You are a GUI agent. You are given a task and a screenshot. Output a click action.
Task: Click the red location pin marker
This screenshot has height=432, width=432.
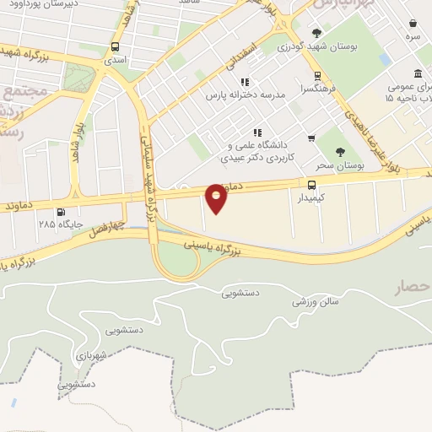tap(216, 197)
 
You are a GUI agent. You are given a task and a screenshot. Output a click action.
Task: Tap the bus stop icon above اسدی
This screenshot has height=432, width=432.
tap(115, 47)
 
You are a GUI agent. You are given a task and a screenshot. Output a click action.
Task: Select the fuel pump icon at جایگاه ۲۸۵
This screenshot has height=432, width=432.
tap(59, 212)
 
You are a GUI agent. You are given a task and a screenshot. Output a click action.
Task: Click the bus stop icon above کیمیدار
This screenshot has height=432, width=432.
tap(312, 184)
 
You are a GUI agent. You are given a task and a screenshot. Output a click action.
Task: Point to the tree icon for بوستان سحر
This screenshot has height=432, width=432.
tap(340, 152)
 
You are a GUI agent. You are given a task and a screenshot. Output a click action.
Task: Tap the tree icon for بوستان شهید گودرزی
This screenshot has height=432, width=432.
tap(316, 34)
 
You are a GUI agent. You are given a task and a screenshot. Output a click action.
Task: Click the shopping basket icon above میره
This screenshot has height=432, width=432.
tap(413, 24)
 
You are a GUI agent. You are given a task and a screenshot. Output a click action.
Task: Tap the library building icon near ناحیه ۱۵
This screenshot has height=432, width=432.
tap(420, 73)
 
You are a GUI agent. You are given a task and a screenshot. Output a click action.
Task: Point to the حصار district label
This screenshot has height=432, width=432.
tap(412, 289)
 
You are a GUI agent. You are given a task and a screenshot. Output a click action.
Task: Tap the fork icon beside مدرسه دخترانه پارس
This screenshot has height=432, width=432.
tap(244, 82)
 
